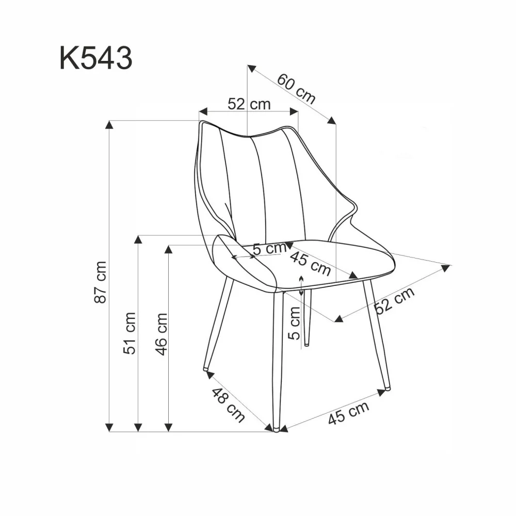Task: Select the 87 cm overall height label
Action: (101, 282)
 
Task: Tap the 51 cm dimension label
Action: (131, 333)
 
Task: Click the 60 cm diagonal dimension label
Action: (297, 88)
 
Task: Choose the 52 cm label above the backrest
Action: (249, 104)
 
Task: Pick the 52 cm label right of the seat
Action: (395, 300)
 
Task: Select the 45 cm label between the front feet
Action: (349, 414)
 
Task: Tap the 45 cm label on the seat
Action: (311, 263)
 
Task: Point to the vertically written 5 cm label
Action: (294, 322)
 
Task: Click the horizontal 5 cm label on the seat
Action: (269, 248)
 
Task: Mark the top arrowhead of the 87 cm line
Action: (109, 124)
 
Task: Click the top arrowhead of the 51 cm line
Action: (138, 239)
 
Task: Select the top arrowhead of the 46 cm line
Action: (168, 249)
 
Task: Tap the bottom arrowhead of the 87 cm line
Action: (109, 427)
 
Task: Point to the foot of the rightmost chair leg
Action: (387, 386)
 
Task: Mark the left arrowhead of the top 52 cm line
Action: (203, 111)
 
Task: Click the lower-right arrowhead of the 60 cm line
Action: (332, 120)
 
